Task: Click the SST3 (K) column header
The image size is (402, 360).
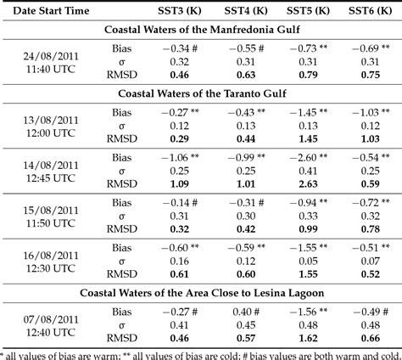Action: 180,11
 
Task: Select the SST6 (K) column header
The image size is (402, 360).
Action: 370,11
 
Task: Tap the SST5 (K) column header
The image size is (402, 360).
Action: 308,11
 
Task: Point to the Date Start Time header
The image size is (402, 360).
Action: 51,11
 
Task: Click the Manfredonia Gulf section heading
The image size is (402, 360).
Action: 202,30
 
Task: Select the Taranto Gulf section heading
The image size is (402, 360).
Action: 202,93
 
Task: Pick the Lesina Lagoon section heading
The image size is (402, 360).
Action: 202,293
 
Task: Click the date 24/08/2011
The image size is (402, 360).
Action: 51,56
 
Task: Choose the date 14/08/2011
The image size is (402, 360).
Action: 51,166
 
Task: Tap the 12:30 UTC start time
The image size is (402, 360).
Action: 51,268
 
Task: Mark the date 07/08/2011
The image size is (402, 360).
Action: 51,319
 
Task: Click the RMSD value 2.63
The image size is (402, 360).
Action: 308,184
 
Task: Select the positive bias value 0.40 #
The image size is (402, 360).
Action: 246,312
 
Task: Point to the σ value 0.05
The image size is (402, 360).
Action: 308,261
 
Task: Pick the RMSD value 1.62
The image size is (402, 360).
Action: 308,338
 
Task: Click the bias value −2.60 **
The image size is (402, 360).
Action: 309,157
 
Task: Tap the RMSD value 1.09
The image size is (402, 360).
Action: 180,184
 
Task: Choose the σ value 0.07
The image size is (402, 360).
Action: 371,261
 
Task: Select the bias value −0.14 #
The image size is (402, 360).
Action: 180,203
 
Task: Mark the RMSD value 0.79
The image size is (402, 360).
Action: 308,75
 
